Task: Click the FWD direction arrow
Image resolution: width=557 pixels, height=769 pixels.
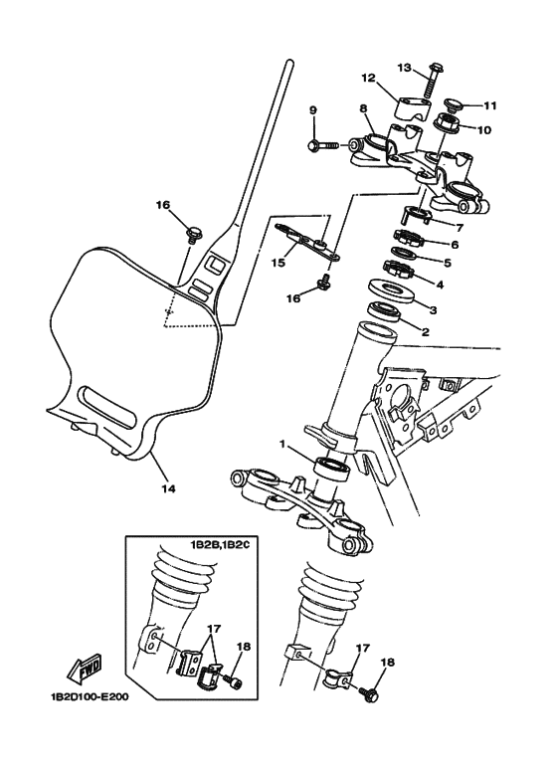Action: click(85, 670)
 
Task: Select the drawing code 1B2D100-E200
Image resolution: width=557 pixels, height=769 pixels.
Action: click(90, 696)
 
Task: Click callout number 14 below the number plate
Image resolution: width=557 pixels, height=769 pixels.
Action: click(169, 488)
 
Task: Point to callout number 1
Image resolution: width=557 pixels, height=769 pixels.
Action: click(281, 444)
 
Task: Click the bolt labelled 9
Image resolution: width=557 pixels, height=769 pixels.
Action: click(323, 145)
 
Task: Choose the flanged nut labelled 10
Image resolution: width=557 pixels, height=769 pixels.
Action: click(448, 121)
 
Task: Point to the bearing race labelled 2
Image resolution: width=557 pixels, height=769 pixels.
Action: click(385, 312)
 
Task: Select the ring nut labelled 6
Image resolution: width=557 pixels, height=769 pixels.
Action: click(408, 239)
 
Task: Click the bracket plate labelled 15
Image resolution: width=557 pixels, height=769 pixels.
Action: click(307, 243)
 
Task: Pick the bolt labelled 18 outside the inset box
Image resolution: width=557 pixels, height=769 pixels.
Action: click(369, 694)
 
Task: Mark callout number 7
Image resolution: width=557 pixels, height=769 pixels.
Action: click(459, 228)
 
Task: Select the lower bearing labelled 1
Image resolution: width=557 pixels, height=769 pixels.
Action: click(332, 467)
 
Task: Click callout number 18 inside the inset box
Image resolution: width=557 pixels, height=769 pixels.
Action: click(243, 647)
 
